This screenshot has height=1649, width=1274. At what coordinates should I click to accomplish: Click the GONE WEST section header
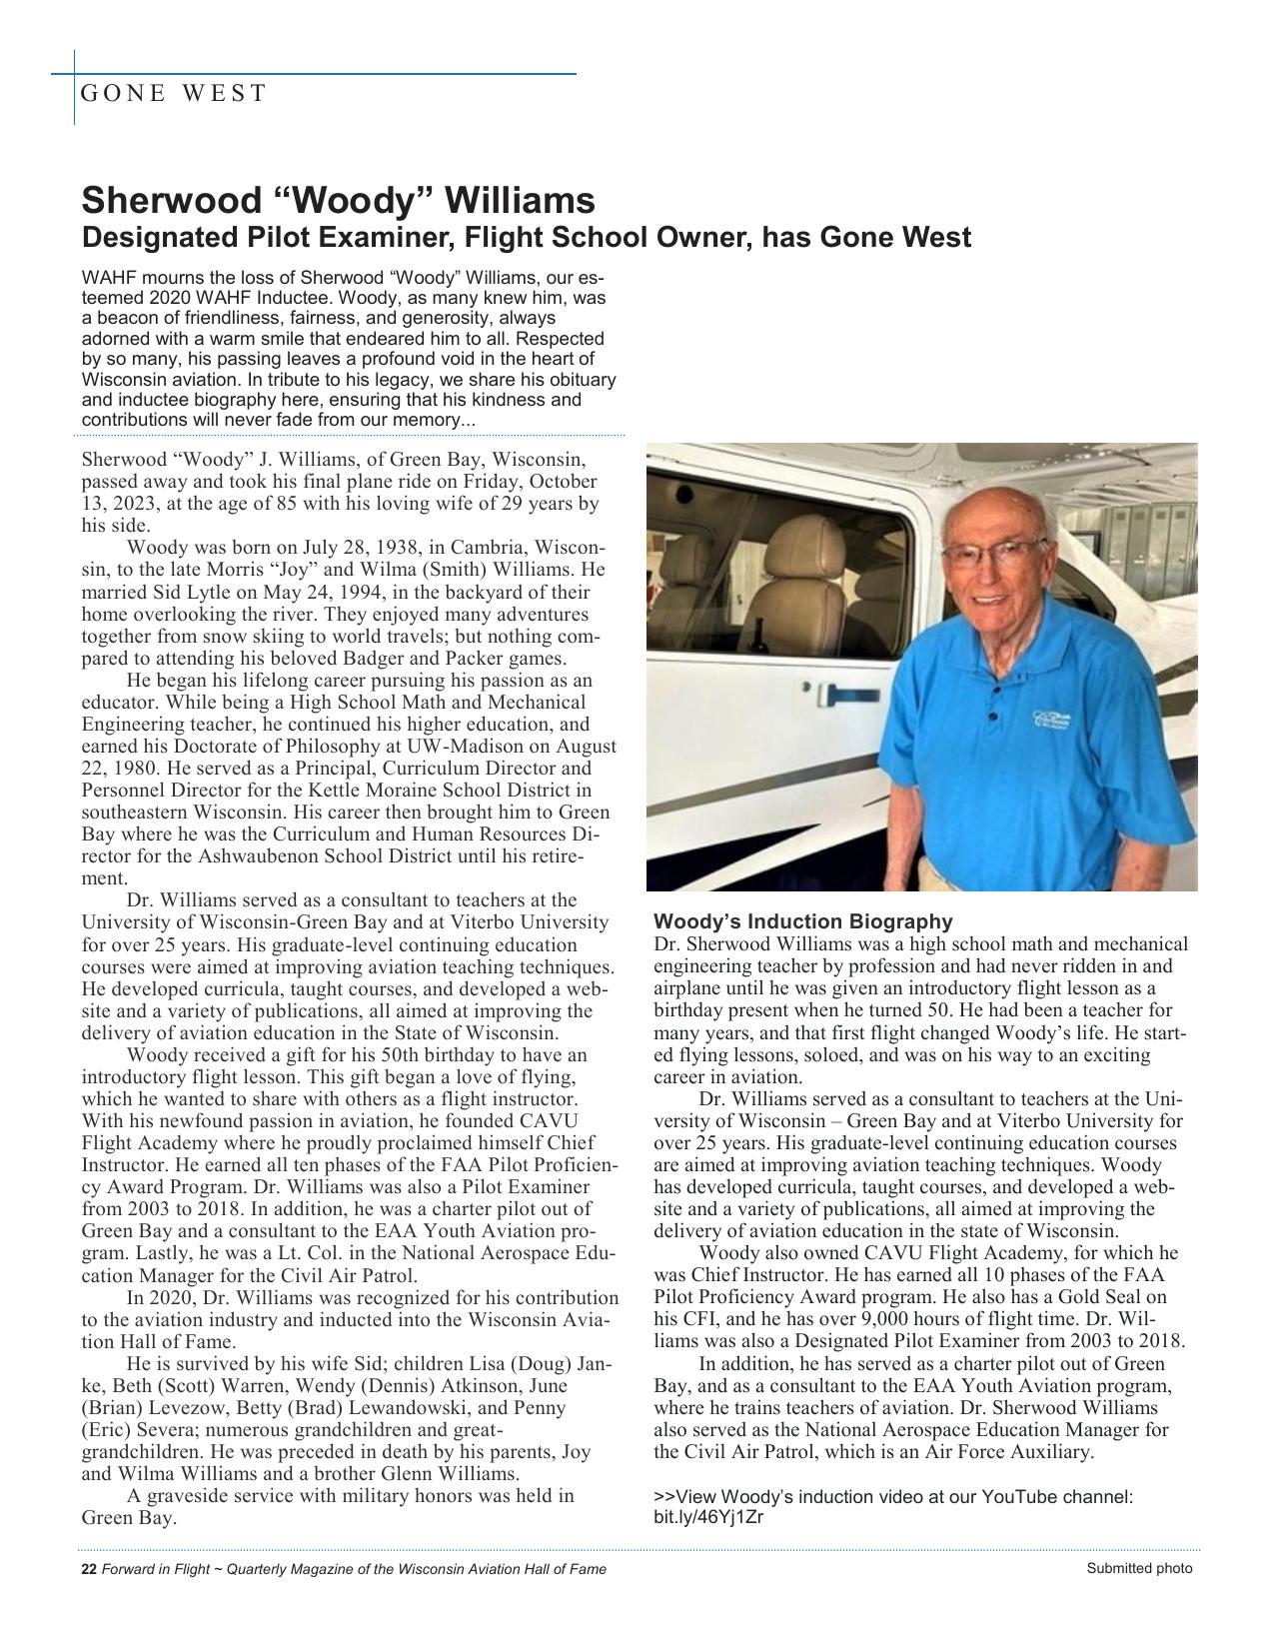point(174,94)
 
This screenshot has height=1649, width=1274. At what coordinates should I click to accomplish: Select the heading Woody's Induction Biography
point(802,921)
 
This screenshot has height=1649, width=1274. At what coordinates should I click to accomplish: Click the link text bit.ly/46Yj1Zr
point(708,1517)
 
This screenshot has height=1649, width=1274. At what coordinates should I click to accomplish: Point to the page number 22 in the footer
point(88,1569)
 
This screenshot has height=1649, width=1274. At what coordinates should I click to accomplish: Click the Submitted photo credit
point(1139,1568)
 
